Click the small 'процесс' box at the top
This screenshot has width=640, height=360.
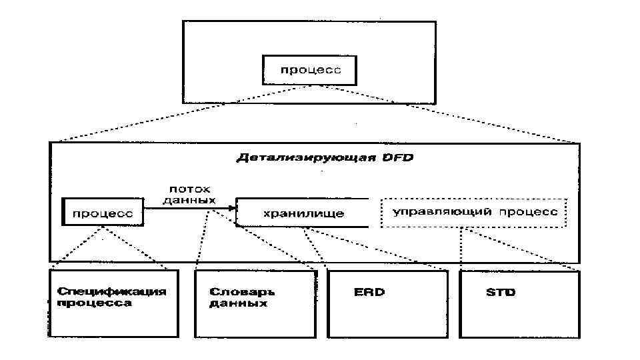(309, 70)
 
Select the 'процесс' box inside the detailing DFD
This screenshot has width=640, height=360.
(103, 213)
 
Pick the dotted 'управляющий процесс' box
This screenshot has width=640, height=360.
(473, 212)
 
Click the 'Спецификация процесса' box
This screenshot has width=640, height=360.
(114, 303)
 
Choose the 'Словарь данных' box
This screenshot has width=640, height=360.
(254, 303)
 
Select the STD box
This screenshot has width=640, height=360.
(520, 303)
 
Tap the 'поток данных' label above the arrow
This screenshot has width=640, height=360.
(189, 194)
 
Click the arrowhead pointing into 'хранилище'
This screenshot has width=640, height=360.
(233, 208)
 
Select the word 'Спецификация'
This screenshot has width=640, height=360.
(111, 291)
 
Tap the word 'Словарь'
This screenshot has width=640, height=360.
(242, 292)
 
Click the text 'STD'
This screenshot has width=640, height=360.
(500, 292)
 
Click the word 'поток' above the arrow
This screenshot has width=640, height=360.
(189, 189)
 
